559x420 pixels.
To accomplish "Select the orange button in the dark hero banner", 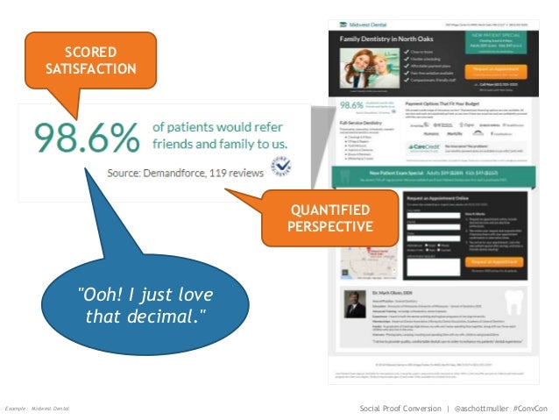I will click(x=495, y=69).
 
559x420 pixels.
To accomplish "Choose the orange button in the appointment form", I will click(x=495, y=261).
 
